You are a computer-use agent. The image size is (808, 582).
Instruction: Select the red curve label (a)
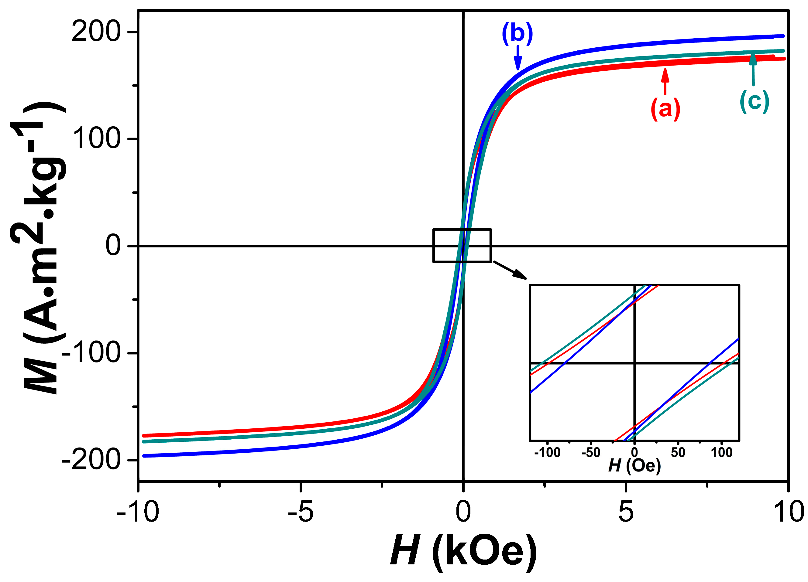click(x=665, y=109)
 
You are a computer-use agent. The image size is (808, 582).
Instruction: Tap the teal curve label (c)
click(x=755, y=101)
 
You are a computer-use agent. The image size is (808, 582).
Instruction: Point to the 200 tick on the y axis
click(x=95, y=32)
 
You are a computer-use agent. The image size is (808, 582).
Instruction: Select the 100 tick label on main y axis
click(x=95, y=139)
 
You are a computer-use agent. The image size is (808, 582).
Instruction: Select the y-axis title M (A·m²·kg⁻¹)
click(x=39, y=249)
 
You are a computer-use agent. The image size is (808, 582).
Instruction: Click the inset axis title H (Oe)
click(x=634, y=466)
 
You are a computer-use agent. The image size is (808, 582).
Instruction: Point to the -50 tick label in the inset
click(x=591, y=452)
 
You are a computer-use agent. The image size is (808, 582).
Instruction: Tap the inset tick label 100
click(x=721, y=452)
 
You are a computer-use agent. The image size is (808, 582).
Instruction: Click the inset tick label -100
click(x=548, y=452)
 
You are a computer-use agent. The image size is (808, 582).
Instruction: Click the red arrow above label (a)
click(x=665, y=82)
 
